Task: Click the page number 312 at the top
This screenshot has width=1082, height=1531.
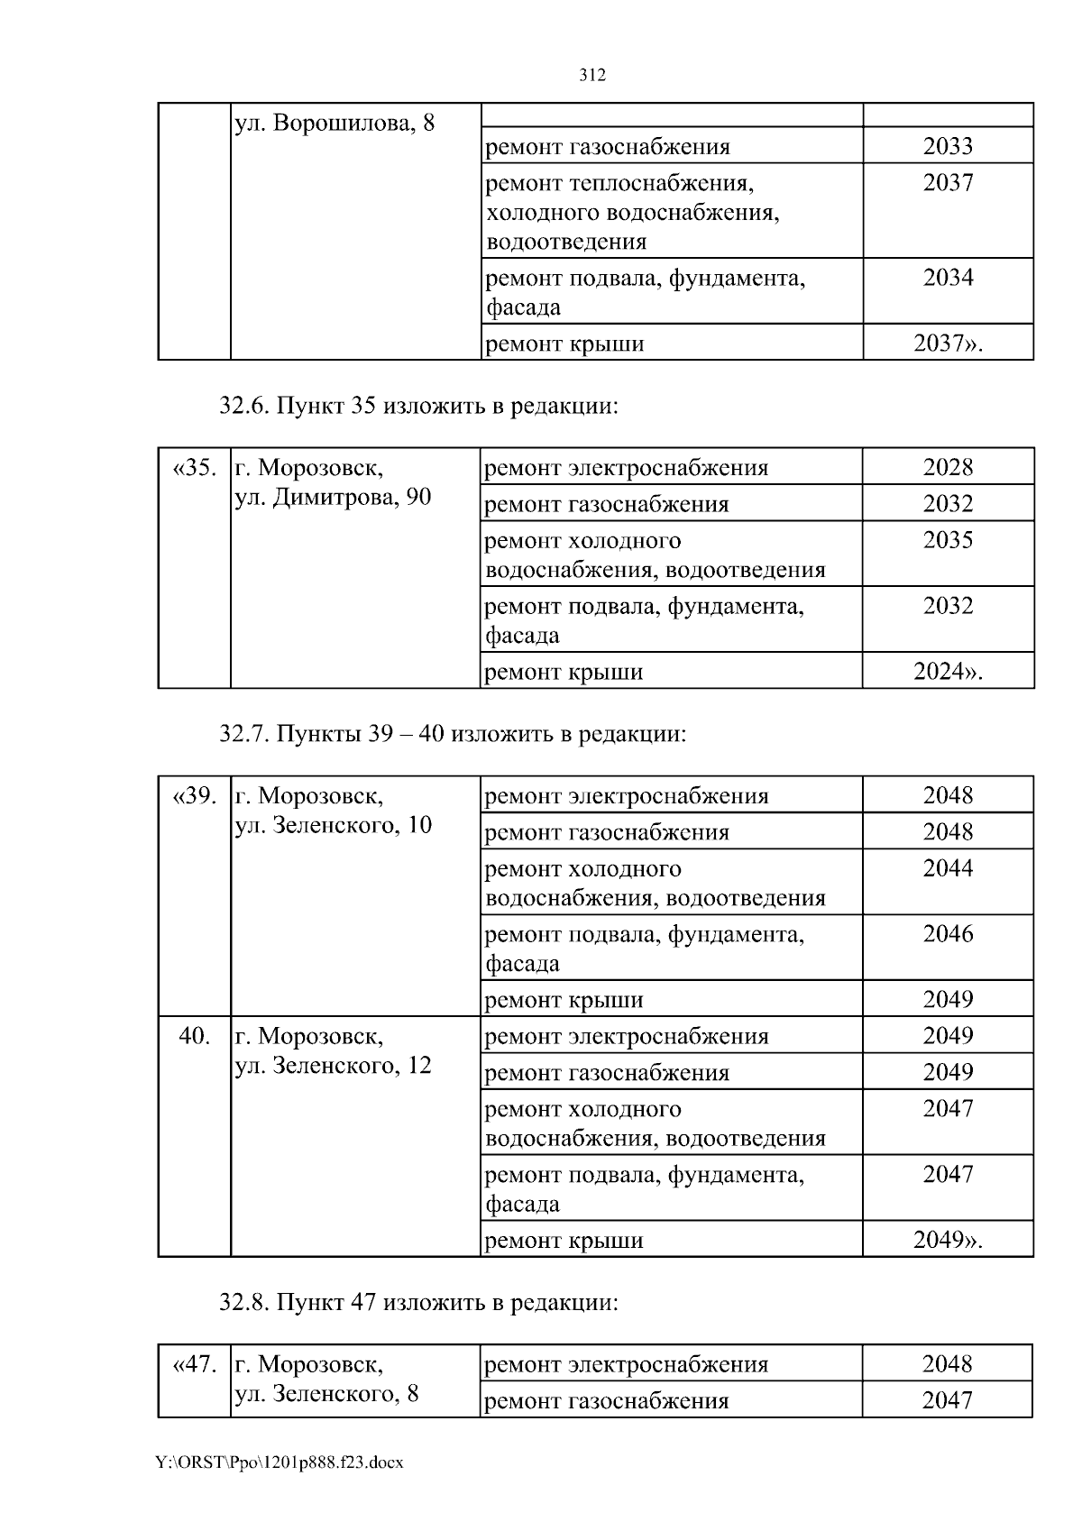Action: pyautogui.click(x=591, y=76)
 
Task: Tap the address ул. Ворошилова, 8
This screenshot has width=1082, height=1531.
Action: pyautogui.click(x=334, y=124)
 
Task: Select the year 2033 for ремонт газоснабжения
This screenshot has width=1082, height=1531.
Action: pyautogui.click(x=948, y=146)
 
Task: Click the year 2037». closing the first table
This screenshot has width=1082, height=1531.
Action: pyautogui.click(x=948, y=344)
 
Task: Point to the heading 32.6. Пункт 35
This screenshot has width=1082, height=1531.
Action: pyautogui.click(x=419, y=407)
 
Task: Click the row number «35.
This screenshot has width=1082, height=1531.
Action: pyautogui.click(x=194, y=468)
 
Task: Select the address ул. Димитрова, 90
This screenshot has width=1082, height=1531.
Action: pyautogui.click(x=333, y=497)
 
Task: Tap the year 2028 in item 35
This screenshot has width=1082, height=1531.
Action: pyautogui.click(x=948, y=467)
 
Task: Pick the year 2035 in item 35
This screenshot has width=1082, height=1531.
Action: pyautogui.click(x=948, y=540)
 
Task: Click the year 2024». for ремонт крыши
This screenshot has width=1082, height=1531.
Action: pyautogui.click(x=948, y=672)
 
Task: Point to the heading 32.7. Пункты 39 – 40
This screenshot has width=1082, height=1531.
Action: pyautogui.click(x=453, y=734)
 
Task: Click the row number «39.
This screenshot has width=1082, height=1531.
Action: pyautogui.click(x=194, y=796)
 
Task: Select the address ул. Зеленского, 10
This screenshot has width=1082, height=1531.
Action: pyautogui.click(x=333, y=825)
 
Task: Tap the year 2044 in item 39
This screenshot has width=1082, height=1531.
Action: pyautogui.click(x=948, y=868)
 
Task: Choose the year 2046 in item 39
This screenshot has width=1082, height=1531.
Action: pyautogui.click(x=948, y=934)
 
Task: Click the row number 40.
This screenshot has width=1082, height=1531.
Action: pyautogui.click(x=194, y=1036)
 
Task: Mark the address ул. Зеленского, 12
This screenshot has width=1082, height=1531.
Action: pyautogui.click(x=333, y=1066)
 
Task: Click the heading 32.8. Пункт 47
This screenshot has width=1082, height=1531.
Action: pyautogui.click(x=419, y=1303)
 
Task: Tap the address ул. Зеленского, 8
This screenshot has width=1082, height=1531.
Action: pyautogui.click(x=326, y=1394)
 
